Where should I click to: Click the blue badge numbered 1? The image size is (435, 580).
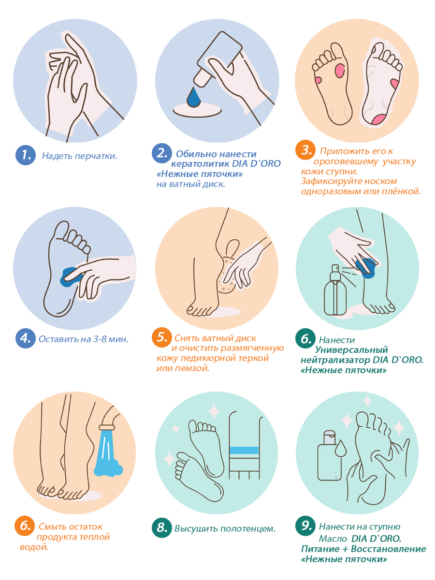(25, 155)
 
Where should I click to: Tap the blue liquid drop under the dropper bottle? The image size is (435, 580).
(194, 97)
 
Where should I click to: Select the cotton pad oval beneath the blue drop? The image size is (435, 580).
(197, 110)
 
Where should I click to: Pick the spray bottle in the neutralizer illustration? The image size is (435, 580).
(335, 290)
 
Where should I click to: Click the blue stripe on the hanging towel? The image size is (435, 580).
(244, 450)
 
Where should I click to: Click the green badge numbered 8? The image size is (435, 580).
(162, 528)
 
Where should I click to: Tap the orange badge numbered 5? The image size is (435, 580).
(162, 337)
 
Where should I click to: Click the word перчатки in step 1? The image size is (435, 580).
(96, 156)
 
